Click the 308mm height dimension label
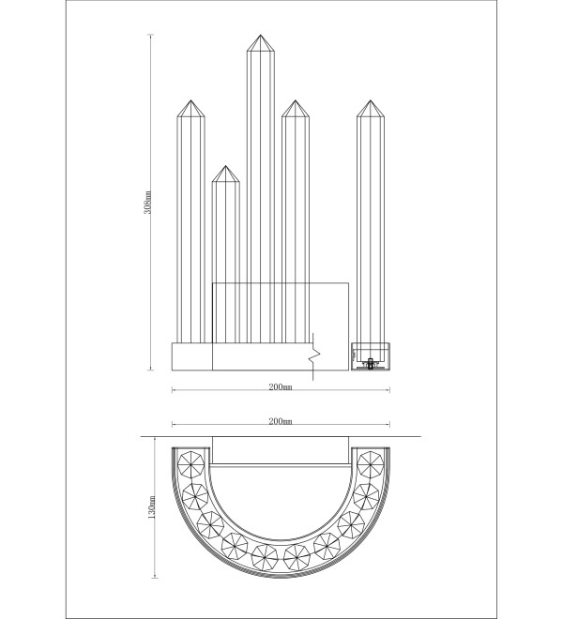[x=147, y=203]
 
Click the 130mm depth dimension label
[x=152, y=506]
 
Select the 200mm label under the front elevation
[x=281, y=386]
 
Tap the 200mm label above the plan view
[x=281, y=421]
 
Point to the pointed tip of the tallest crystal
[x=260, y=35]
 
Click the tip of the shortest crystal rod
[x=225, y=166]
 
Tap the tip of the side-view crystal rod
[x=371, y=100]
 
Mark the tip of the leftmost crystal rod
[x=190, y=100]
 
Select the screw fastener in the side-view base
[x=371, y=363]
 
